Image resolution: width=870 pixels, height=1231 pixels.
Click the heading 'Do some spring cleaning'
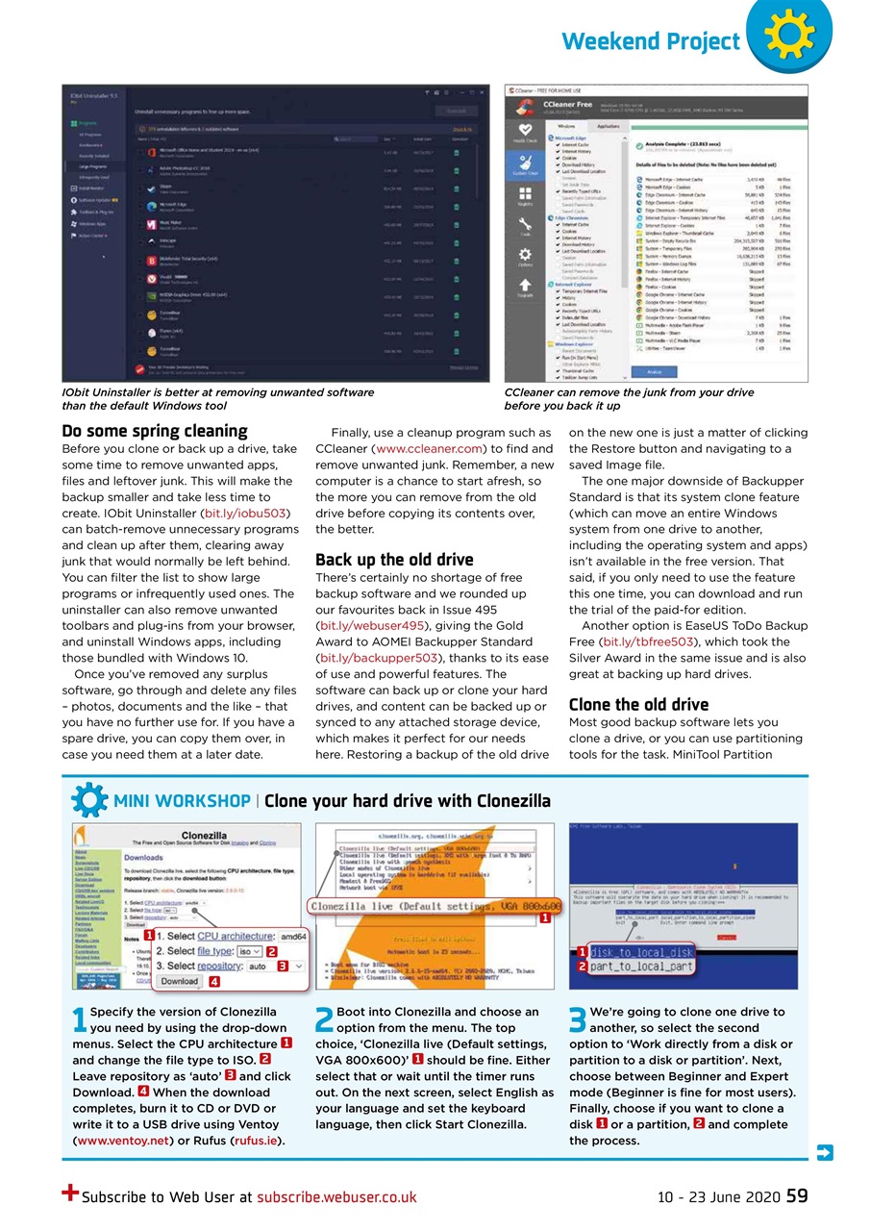tap(155, 431)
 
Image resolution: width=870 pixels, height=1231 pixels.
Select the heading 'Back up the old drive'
tap(394, 560)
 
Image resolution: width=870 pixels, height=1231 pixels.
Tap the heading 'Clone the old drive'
tap(638, 704)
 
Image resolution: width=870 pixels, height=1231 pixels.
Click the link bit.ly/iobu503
tap(243, 514)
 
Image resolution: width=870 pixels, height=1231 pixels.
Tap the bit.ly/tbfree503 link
tap(649, 641)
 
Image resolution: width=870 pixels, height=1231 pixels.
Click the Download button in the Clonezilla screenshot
tap(179, 982)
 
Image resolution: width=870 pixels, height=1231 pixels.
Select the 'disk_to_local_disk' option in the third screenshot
tap(641, 952)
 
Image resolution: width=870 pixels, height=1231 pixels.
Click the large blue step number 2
tap(325, 1020)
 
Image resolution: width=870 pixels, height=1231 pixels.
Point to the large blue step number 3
tap(578, 1020)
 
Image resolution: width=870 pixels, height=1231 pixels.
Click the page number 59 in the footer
tap(797, 1196)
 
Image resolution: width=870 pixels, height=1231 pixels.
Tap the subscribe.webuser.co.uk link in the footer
tap(336, 1197)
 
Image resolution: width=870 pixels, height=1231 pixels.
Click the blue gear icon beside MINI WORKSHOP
tap(88, 800)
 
